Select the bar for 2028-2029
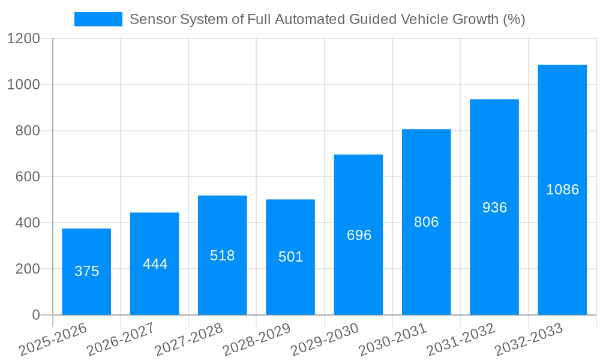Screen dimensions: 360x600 tap(290, 257)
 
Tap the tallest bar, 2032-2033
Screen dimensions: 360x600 tap(562, 190)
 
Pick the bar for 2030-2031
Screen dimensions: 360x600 tap(426, 222)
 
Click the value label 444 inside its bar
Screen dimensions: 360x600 tap(155, 264)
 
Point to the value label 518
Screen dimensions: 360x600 tap(223, 256)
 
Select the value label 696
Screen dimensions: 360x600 tap(359, 235)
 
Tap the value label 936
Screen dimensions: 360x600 tap(494, 208)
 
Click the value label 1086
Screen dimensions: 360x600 tap(562, 190)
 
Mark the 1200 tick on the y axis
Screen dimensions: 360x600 tap(23, 39)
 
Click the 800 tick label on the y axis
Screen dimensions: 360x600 tap(28, 131)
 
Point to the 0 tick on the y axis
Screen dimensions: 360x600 tap(35, 315)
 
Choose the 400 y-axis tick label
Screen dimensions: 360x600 tap(28, 223)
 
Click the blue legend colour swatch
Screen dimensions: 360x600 tap(98, 19)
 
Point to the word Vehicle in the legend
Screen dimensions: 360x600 tap(433, 19)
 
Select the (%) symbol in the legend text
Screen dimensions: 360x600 tap(514, 19)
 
